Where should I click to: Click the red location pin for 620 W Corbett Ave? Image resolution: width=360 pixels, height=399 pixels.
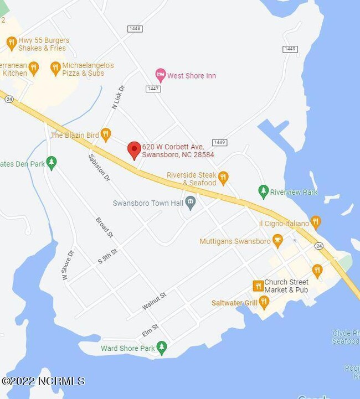[x=133, y=150]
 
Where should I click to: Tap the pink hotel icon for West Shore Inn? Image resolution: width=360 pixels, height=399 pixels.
[x=160, y=75]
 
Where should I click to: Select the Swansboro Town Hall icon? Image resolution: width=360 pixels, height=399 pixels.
[x=191, y=203]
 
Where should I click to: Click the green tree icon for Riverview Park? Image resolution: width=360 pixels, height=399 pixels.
[x=263, y=192]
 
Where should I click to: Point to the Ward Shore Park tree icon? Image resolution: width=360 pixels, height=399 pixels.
[x=162, y=348]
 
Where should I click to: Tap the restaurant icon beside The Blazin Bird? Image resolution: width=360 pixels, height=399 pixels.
[x=106, y=134]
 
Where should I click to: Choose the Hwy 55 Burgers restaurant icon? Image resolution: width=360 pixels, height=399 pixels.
[x=12, y=44]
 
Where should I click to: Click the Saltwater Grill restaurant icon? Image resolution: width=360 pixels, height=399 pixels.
[x=264, y=303]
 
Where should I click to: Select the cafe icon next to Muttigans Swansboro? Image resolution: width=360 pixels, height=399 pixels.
[x=277, y=241]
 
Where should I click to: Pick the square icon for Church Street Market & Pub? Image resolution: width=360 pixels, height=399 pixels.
[x=258, y=286]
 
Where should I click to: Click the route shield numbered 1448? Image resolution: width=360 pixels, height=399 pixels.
[x=134, y=29]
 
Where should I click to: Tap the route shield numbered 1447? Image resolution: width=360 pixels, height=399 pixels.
[x=153, y=89]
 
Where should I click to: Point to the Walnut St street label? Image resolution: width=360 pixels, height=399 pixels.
[x=153, y=302]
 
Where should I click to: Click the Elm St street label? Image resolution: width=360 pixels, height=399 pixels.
[x=150, y=330]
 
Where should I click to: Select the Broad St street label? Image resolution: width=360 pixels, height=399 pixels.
[x=104, y=227]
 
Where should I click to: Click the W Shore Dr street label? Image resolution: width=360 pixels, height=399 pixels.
[x=68, y=266]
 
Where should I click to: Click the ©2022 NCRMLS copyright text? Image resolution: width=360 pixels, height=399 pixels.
[x=43, y=381]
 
